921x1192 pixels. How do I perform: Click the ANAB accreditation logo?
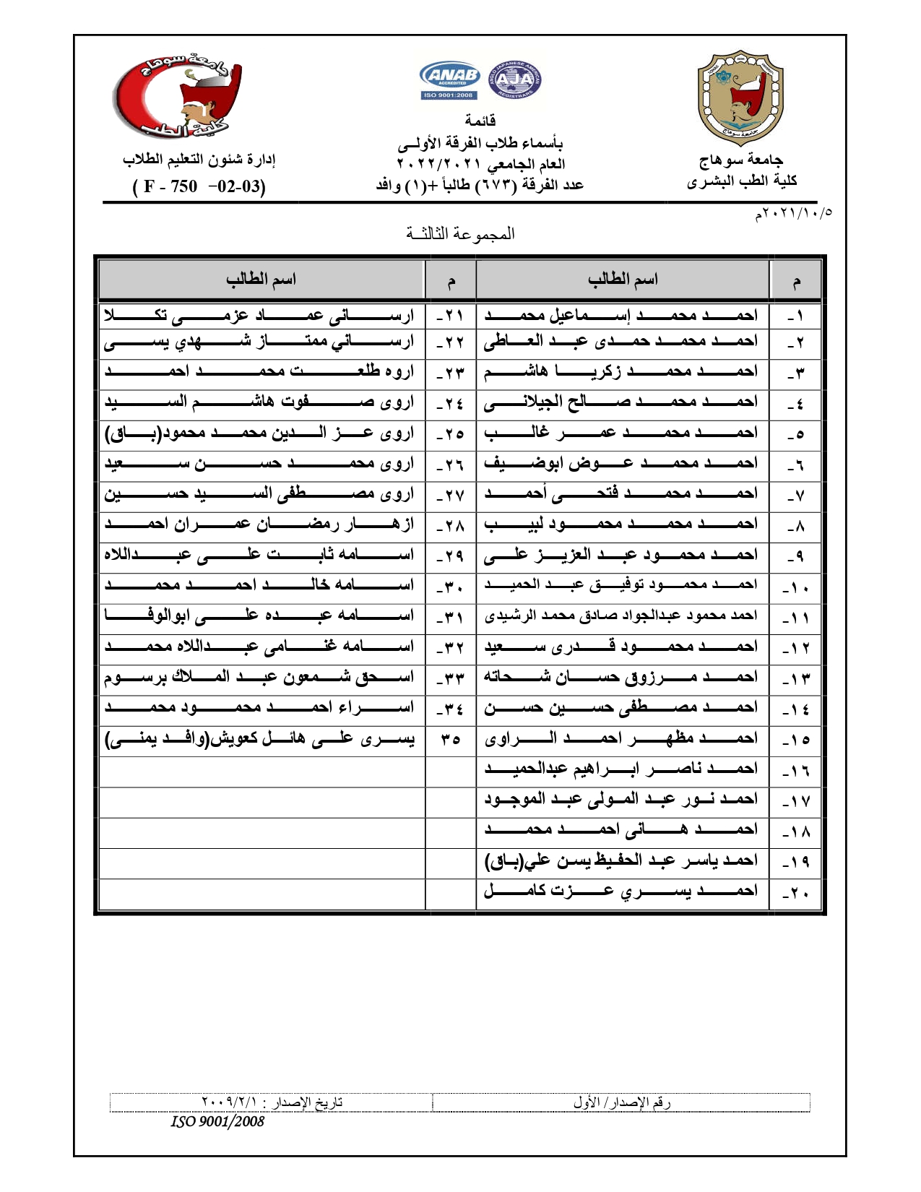tap(449, 79)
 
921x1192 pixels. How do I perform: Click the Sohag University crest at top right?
tap(740, 98)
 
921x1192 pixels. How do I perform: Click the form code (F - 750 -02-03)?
tap(199, 186)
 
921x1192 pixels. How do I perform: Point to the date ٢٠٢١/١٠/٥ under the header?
tap(793, 213)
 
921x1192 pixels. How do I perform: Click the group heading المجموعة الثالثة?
tap(460, 233)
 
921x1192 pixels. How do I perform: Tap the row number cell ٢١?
tap(450, 316)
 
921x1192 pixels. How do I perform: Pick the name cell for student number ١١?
tap(621, 616)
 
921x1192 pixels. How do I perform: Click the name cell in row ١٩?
tap(621, 860)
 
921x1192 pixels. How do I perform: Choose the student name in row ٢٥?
tap(260, 433)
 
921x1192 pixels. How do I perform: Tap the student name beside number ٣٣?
tap(260, 678)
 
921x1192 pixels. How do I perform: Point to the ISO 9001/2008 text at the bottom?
tap(217, 1121)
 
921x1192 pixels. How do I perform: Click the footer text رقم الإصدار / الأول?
tap(622, 1102)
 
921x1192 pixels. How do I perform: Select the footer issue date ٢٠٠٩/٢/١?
tap(272, 1102)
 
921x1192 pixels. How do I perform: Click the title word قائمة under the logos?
tap(480, 120)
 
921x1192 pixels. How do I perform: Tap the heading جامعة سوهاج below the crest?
tap(740, 160)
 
